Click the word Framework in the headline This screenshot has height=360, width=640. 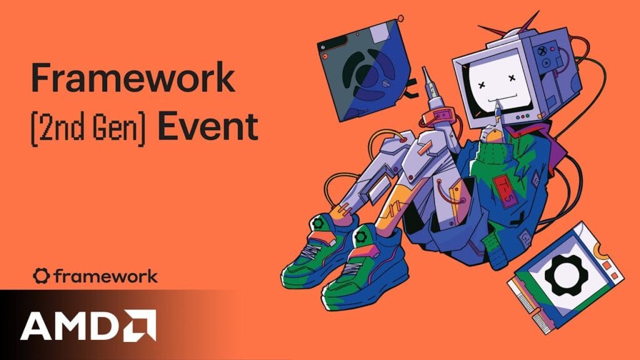coord(133,80)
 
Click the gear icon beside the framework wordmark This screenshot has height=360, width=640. coord(41,276)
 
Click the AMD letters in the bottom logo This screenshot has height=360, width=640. coord(67,325)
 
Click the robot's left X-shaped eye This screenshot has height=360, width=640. coord(483,82)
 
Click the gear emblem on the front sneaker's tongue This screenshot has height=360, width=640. coord(362,237)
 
